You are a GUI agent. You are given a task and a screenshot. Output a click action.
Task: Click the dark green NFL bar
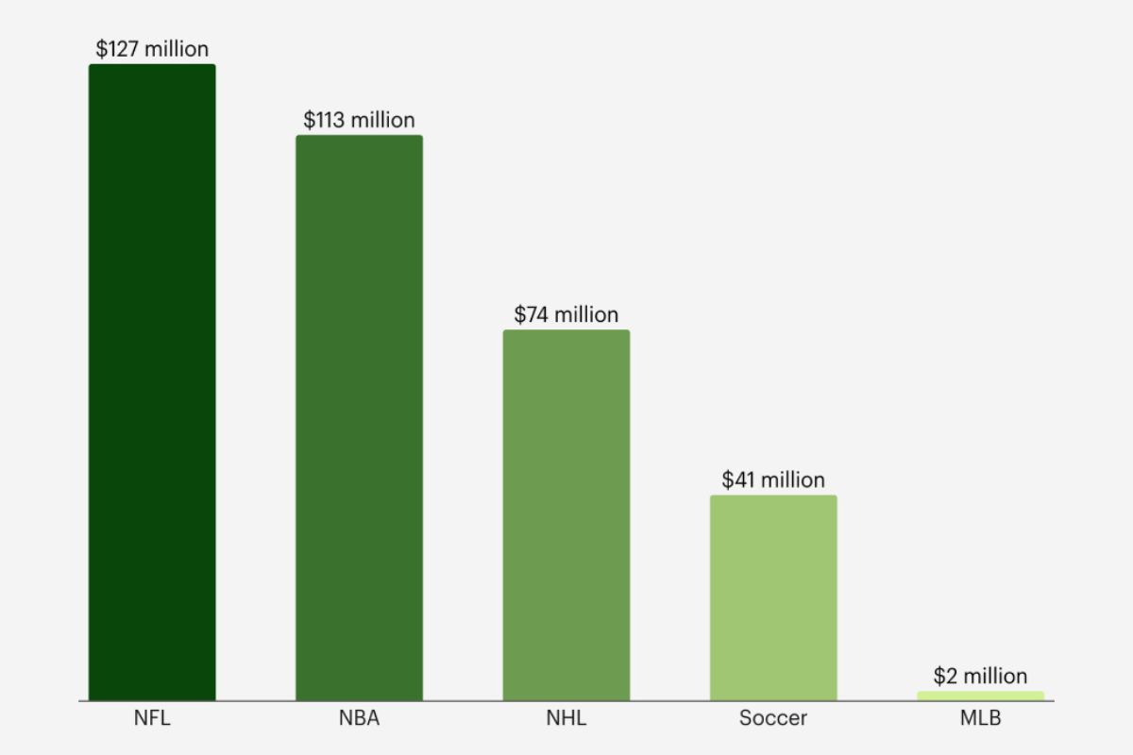click(x=152, y=382)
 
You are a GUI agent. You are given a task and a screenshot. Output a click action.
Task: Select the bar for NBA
click(x=359, y=417)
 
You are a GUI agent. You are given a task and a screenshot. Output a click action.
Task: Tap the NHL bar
click(x=566, y=514)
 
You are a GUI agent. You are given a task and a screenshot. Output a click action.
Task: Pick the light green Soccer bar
click(x=773, y=597)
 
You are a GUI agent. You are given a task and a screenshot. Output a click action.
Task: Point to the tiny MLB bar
click(x=980, y=696)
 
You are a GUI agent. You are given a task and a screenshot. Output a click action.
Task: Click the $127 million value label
click(x=152, y=49)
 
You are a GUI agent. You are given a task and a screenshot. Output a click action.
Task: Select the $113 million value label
click(x=359, y=120)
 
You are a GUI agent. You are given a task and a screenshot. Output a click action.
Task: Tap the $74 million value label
click(x=566, y=314)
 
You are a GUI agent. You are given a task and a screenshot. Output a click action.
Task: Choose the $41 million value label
click(x=773, y=479)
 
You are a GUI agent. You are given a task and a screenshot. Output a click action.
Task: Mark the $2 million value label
click(x=980, y=676)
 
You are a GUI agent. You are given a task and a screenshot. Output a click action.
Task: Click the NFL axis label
click(x=152, y=718)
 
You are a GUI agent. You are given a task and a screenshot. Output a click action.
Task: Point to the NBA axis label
click(x=359, y=718)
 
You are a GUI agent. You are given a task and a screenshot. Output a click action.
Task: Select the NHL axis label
click(x=566, y=718)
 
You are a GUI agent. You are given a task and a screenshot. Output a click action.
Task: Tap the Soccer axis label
click(x=773, y=718)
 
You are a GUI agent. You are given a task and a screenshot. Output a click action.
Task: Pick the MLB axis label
click(x=980, y=718)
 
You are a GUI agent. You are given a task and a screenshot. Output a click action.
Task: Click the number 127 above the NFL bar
click(x=122, y=49)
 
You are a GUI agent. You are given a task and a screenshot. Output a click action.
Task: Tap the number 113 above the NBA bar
click(x=329, y=120)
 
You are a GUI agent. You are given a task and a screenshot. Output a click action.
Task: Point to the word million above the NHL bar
click(x=586, y=314)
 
